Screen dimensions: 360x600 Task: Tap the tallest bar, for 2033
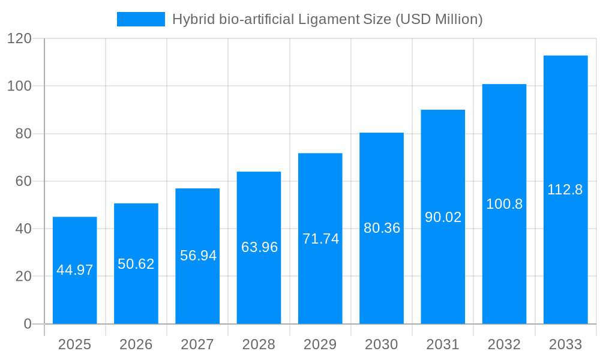point(565,240)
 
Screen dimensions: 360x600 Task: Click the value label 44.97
point(75,270)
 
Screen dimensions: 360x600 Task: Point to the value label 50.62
point(136,264)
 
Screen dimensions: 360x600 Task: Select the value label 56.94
point(198,256)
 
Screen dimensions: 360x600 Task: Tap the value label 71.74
point(320,239)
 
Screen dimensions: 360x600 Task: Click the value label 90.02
point(443,217)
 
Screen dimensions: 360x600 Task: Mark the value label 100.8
point(504,204)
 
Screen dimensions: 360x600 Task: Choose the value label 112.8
point(565,190)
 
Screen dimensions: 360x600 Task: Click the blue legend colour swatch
point(141,19)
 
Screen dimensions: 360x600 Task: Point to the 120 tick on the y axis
point(19,39)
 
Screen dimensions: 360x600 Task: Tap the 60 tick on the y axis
point(23,181)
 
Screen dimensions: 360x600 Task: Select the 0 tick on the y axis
point(28,324)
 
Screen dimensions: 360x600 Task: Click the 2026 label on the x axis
point(136,344)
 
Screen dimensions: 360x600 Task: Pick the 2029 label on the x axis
point(320,344)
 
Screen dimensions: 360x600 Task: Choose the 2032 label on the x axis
point(504,344)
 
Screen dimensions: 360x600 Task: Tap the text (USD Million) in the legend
point(439,19)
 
